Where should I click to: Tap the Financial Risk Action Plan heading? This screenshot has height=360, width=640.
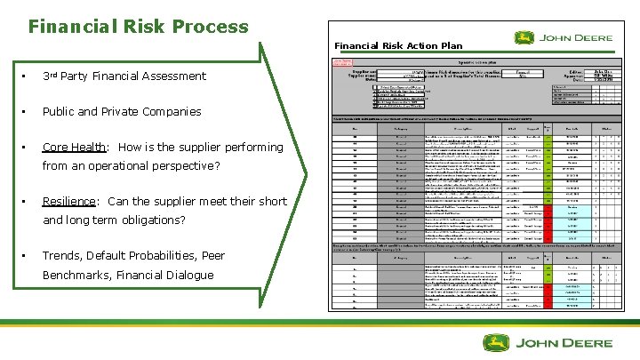[x=398, y=45]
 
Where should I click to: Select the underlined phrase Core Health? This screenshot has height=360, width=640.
[x=75, y=147]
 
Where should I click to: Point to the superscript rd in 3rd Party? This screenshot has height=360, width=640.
[x=55, y=73]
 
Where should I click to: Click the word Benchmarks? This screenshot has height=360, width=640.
[x=77, y=275]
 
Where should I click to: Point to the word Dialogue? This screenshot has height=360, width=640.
[x=188, y=275]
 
